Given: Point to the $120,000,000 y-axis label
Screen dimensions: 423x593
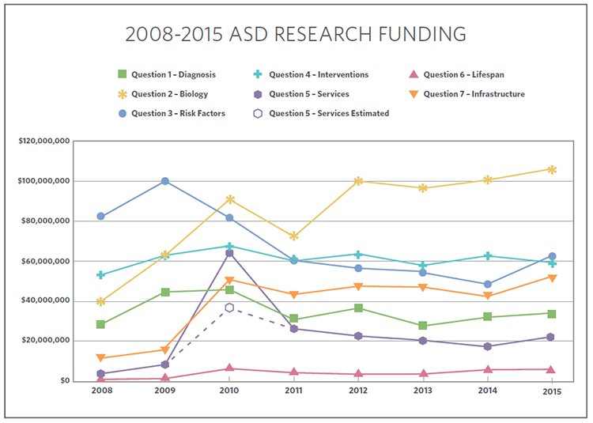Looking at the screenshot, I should [x=45, y=141].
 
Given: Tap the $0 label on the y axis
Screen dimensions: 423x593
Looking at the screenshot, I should [x=65, y=381].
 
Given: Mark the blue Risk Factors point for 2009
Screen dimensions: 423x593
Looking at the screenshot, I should [x=165, y=181].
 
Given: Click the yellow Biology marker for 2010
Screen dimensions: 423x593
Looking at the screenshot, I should [x=229, y=199].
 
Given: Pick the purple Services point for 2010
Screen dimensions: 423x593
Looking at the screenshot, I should [x=229, y=253].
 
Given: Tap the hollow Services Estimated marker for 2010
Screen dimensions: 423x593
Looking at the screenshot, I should [x=229, y=308].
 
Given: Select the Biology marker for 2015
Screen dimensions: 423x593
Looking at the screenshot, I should [x=552, y=169].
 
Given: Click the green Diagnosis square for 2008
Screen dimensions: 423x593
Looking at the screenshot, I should [x=100, y=324].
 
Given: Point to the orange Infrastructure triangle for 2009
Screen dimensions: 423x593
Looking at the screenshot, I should [x=165, y=350].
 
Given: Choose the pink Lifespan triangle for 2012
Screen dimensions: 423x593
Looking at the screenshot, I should [x=358, y=373].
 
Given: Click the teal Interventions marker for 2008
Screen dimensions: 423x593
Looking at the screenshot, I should [x=100, y=275].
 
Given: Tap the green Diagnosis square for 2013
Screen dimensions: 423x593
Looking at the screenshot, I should [x=423, y=326].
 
